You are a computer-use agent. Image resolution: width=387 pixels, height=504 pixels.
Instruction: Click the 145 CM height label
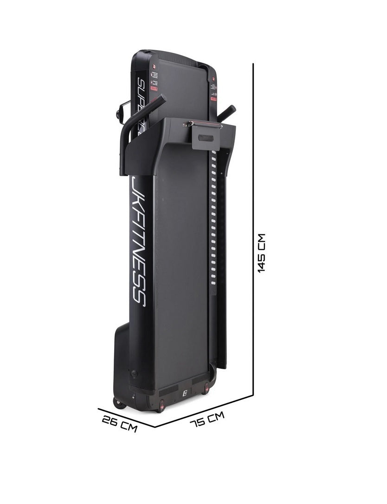click(262, 253)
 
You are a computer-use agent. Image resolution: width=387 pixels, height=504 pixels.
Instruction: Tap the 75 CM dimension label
click(207, 420)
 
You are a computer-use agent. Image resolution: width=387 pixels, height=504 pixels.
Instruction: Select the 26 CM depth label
click(120, 423)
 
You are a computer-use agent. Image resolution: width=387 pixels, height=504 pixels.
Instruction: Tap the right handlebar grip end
click(230, 110)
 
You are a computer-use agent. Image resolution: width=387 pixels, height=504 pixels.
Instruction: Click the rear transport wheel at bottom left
click(119, 402)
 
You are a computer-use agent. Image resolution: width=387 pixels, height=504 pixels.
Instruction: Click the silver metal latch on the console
click(190, 124)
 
